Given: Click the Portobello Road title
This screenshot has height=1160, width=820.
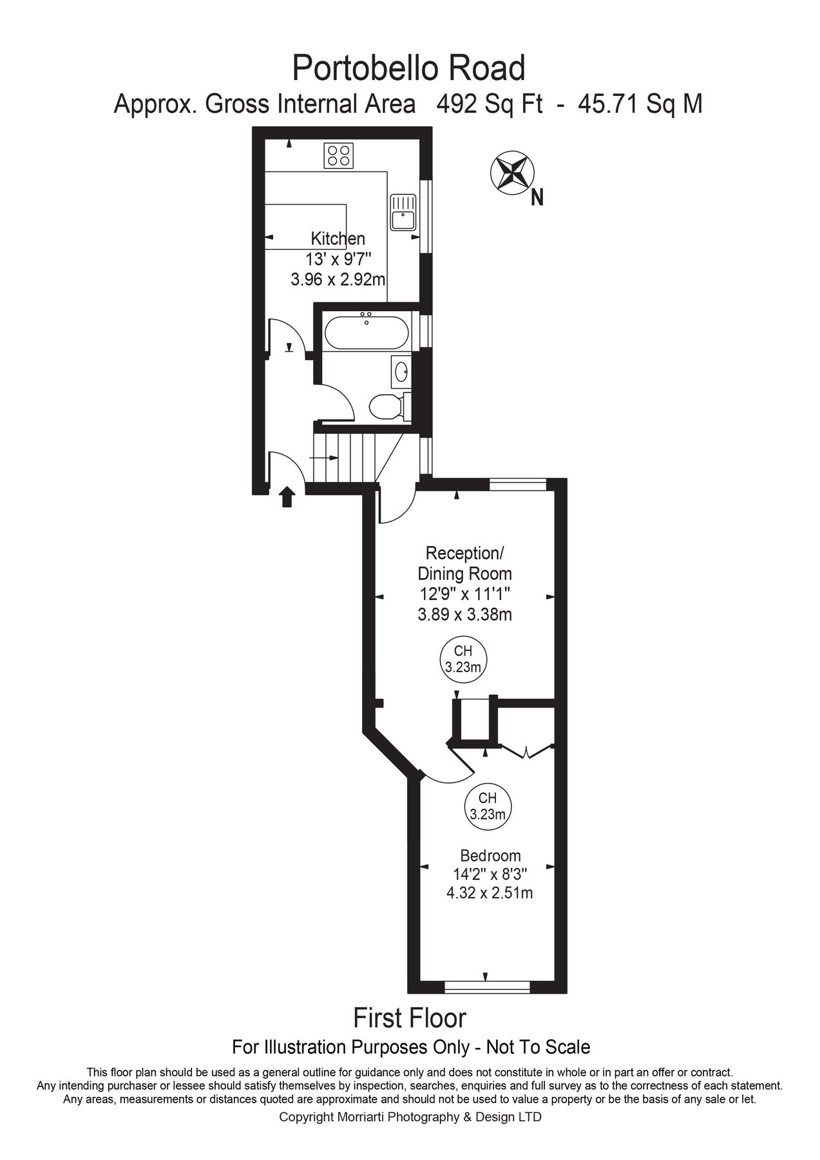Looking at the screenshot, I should click(x=409, y=68).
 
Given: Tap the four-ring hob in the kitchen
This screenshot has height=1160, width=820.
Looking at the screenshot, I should click(x=339, y=155).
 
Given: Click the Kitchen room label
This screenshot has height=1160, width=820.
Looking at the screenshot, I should click(x=338, y=238).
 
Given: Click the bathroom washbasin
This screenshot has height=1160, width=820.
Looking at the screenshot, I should click(x=401, y=371).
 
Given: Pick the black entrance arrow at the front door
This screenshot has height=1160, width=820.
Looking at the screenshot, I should click(x=287, y=497).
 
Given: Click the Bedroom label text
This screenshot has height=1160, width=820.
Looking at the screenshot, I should click(x=490, y=856).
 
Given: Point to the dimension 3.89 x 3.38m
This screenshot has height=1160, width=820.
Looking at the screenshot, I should click(x=464, y=615).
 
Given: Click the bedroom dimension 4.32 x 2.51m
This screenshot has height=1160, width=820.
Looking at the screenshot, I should click(x=490, y=893).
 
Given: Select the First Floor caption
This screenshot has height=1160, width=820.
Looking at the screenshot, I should click(x=410, y=1018).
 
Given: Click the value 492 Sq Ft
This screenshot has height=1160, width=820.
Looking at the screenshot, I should click(x=490, y=104).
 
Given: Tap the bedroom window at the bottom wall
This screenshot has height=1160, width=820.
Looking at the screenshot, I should click(x=487, y=986).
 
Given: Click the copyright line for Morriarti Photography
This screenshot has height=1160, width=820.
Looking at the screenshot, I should click(x=410, y=1117).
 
